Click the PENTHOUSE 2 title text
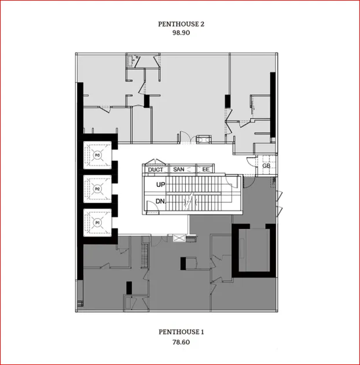coord(181,24)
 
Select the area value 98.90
coord(181,33)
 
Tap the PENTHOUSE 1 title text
coord(181,332)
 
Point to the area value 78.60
coord(181,342)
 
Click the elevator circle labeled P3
coord(97,155)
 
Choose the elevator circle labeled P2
coord(97,189)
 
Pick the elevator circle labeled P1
coord(97,223)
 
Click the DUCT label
coord(156,169)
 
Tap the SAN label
coord(179,169)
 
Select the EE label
coord(206,169)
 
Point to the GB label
coord(266,165)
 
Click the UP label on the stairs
coord(161,185)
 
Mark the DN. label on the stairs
coord(160,201)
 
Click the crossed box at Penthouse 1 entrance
coord(179,238)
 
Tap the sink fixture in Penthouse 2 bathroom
coord(131,61)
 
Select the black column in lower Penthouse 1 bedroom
coord(129,288)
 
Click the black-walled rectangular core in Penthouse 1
coord(254,250)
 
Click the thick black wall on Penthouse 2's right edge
coord(273,105)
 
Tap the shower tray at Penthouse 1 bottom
coord(128,303)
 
